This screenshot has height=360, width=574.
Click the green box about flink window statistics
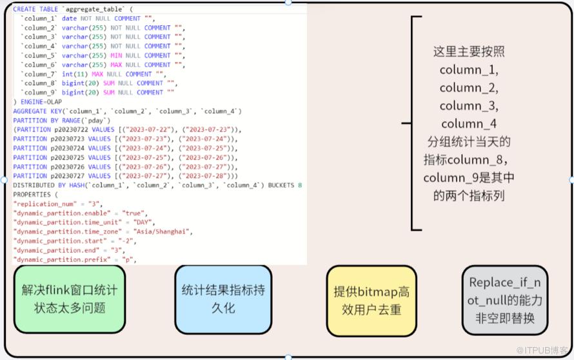click(70, 299)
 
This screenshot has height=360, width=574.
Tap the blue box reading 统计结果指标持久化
click(223, 299)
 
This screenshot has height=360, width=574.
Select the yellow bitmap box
click(371, 300)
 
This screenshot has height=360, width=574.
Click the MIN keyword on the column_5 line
click(116, 55)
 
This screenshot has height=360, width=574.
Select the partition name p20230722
click(67, 130)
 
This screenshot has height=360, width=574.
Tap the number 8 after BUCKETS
click(301, 185)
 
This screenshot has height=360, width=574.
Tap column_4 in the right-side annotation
click(469, 123)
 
